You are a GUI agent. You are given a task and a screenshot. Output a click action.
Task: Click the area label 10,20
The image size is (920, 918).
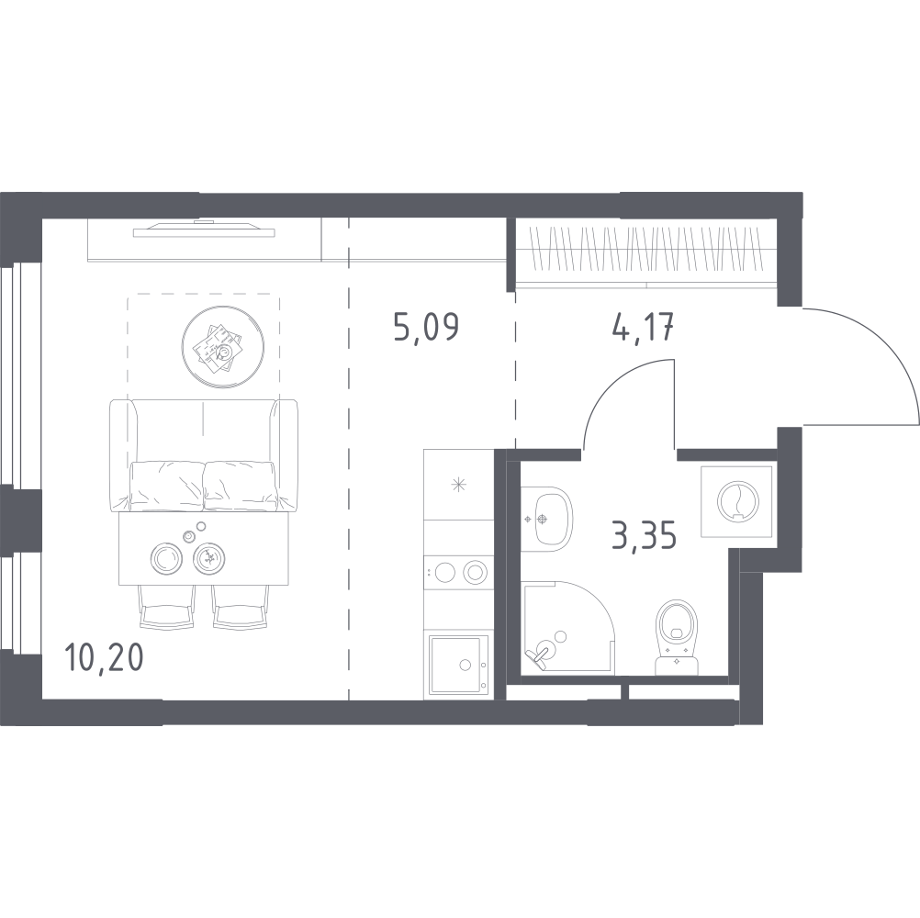tap(105, 657)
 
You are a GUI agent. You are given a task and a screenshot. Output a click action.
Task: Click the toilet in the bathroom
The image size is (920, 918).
tap(677, 636)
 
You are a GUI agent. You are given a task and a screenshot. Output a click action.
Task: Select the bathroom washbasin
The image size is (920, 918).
tap(547, 519)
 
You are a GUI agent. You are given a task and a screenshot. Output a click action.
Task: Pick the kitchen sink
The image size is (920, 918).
tap(457, 666)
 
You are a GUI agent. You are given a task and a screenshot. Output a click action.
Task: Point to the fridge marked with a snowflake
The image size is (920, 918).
tap(458, 485)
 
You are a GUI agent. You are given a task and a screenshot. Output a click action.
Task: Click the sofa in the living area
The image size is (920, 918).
tap(203, 455)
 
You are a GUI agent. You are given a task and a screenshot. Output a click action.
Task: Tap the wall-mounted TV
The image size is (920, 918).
tap(204, 229)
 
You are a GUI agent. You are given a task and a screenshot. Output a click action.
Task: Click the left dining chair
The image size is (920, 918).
tap(166, 607)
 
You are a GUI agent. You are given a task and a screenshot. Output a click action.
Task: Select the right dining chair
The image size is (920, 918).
tap(240, 607)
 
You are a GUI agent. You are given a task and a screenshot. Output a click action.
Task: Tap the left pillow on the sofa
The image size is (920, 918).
tap(166, 487)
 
